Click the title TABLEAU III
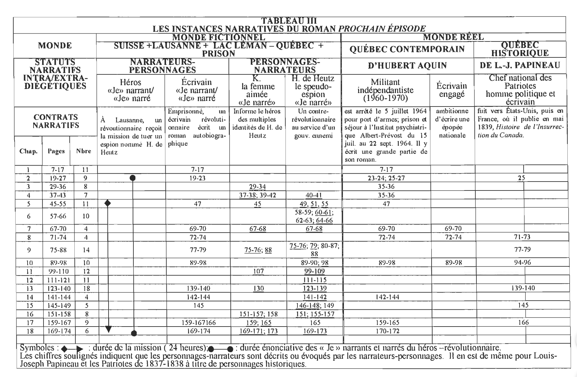289,21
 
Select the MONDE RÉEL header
453,37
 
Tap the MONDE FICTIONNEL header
219,37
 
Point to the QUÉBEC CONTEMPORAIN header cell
407,49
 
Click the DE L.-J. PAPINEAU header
520,65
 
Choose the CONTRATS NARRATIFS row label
56,121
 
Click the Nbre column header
83,151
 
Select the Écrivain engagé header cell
452,90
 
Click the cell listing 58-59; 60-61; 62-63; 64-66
314,216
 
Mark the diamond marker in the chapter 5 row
108,203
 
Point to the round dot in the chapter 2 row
132,178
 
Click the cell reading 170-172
386,331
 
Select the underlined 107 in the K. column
258,271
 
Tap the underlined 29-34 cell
257,187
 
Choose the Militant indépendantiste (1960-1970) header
385,90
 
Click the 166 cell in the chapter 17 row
523,322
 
